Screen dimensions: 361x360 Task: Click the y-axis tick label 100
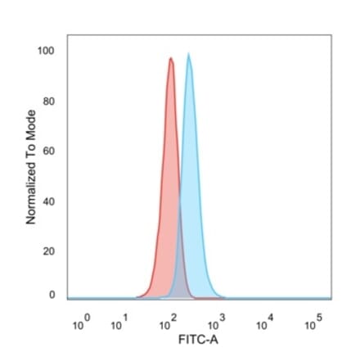[x=46, y=52]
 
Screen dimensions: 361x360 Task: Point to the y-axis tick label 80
[x=48, y=102]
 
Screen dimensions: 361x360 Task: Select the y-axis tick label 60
[x=48, y=151]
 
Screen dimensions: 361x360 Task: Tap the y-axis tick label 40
[x=48, y=201]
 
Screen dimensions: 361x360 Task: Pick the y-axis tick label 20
[x=48, y=251]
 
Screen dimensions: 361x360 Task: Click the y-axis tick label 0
[x=51, y=294]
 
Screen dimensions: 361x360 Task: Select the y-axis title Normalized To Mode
[x=30, y=167]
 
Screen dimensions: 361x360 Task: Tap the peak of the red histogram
[x=170, y=58]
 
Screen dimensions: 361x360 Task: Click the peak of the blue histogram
[x=189, y=54]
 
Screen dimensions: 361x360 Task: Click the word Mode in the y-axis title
[x=30, y=123]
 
